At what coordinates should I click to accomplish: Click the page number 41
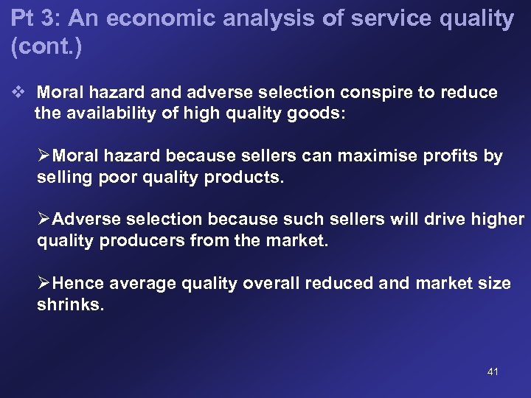[493, 371]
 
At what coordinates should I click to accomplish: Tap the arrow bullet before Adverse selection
[44, 220]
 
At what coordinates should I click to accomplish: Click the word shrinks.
[70, 304]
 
